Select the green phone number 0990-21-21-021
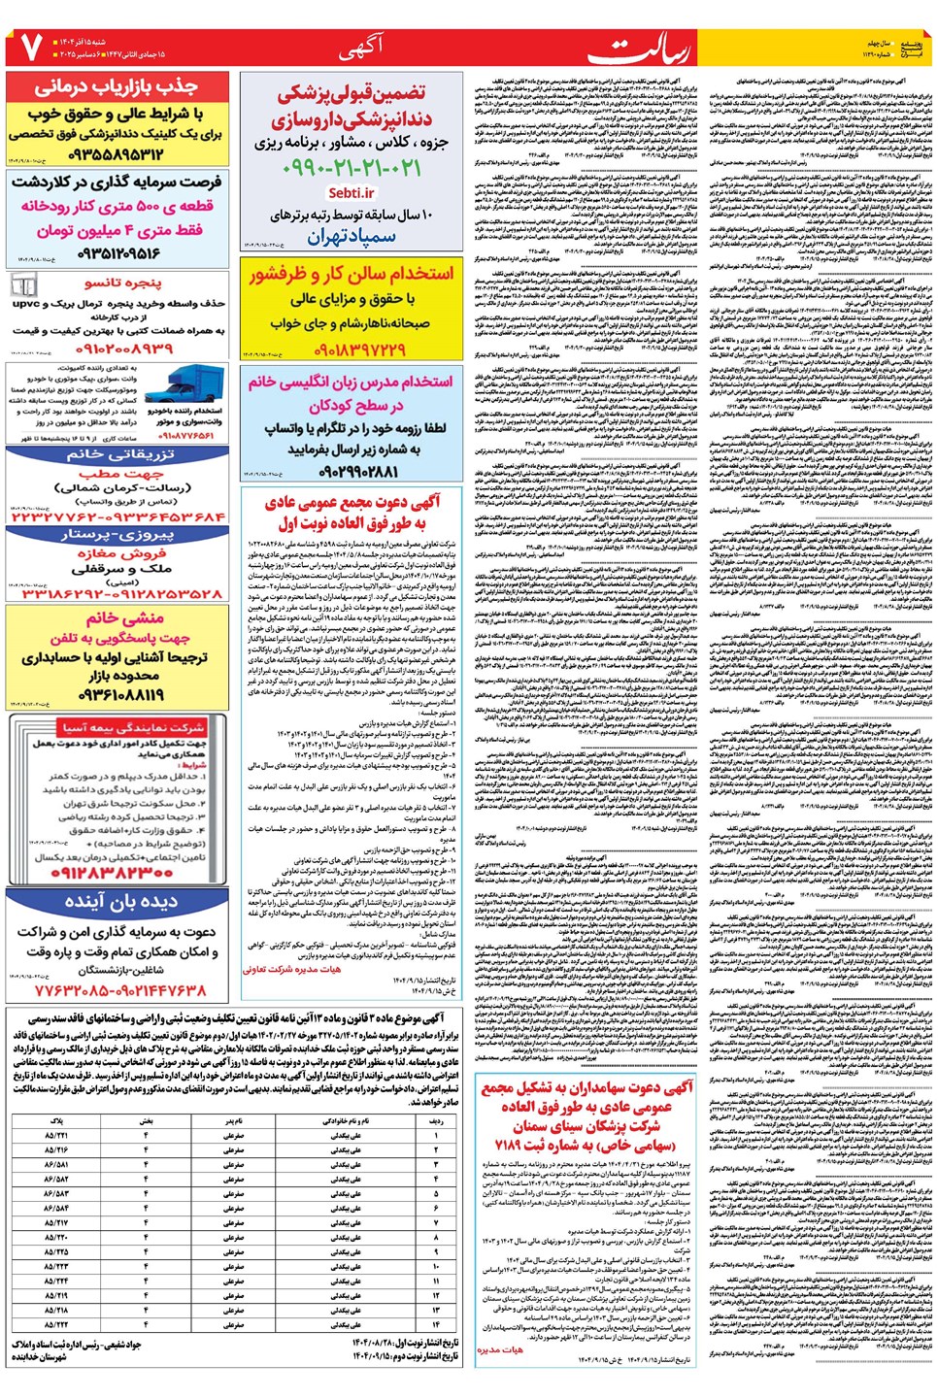tap(352, 168)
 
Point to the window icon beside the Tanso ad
tap(23, 284)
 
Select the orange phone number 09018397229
tap(351, 349)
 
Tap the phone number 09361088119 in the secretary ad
tap(119, 695)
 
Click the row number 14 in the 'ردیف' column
tap(436, 1324)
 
